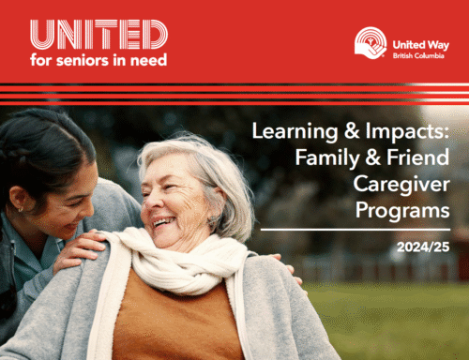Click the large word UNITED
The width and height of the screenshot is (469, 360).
point(98,36)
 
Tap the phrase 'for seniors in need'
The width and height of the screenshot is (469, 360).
point(98,60)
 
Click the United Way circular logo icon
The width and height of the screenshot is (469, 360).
point(371,42)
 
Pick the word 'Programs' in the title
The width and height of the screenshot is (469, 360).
point(402,211)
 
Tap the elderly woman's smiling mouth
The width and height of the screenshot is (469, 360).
point(165,222)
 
